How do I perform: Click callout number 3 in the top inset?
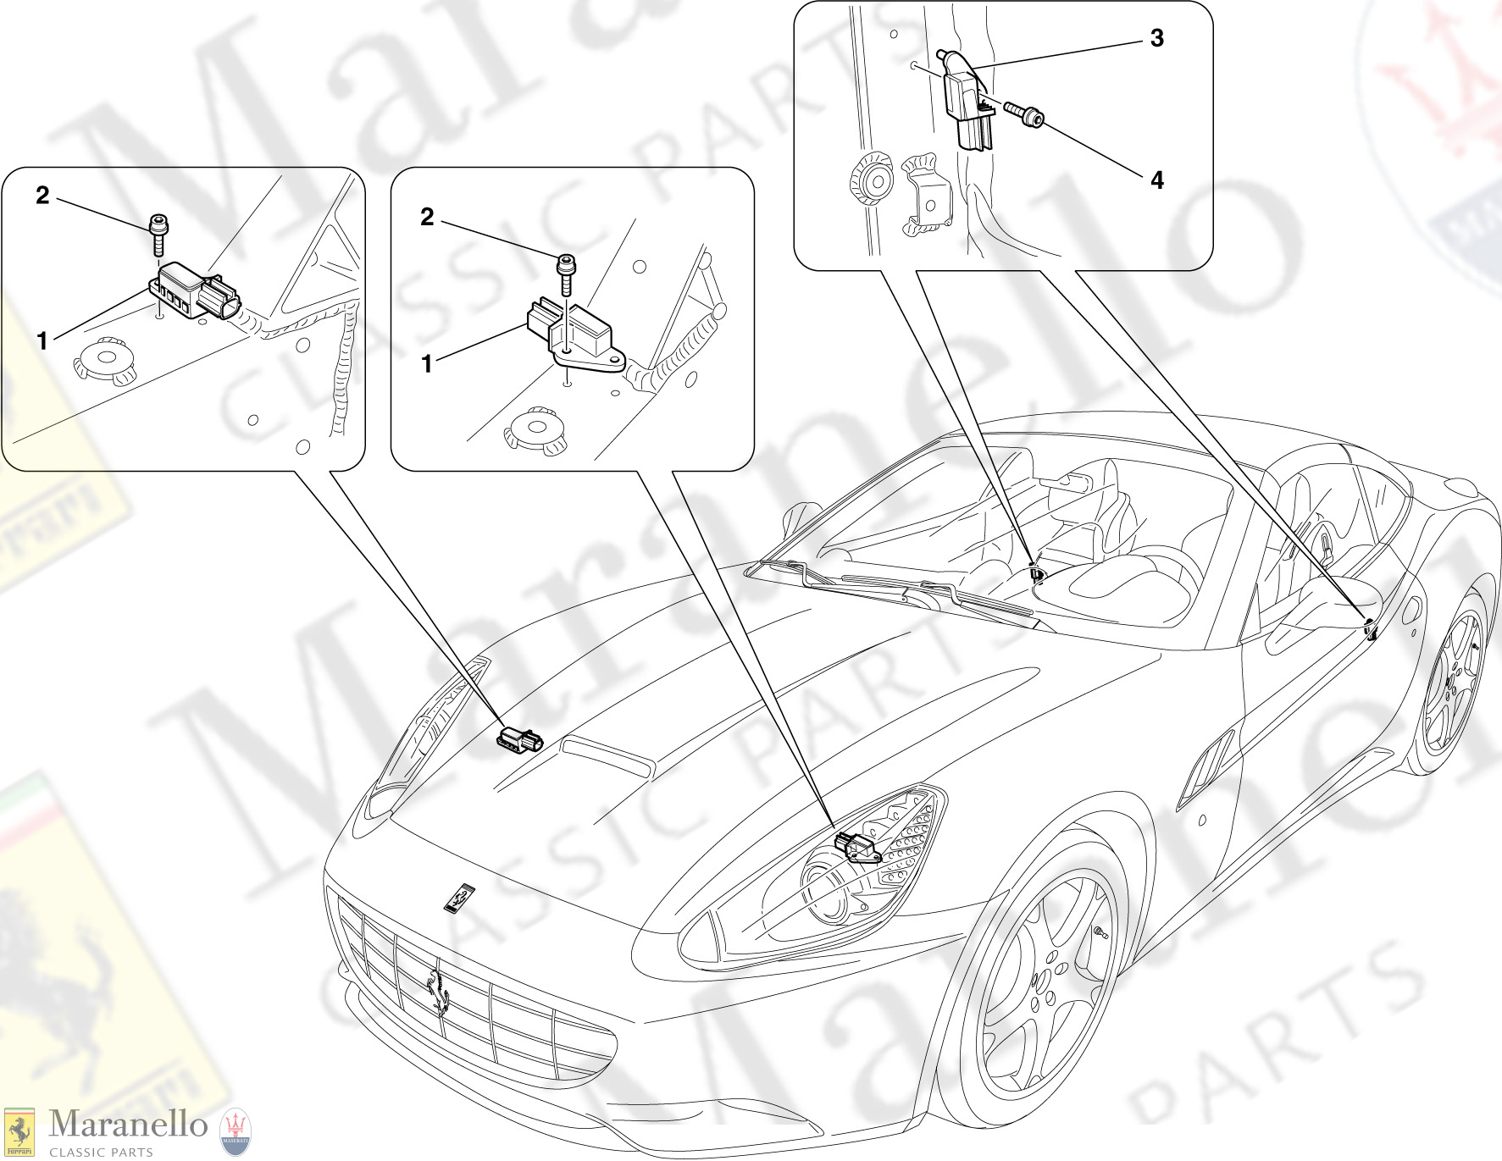point(1156,38)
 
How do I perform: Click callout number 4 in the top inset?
point(1156,180)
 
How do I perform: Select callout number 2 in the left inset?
point(42,196)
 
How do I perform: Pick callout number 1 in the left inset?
point(42,341)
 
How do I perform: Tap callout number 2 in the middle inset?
point(427,218)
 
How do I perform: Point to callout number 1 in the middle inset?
point(427,364)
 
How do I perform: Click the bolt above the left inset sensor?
point(158,235)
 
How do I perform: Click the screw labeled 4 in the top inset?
point(1024,114)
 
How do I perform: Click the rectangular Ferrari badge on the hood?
point(459,898)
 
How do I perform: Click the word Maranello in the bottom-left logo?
point(128,1124)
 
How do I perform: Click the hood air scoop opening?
point(607,757)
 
